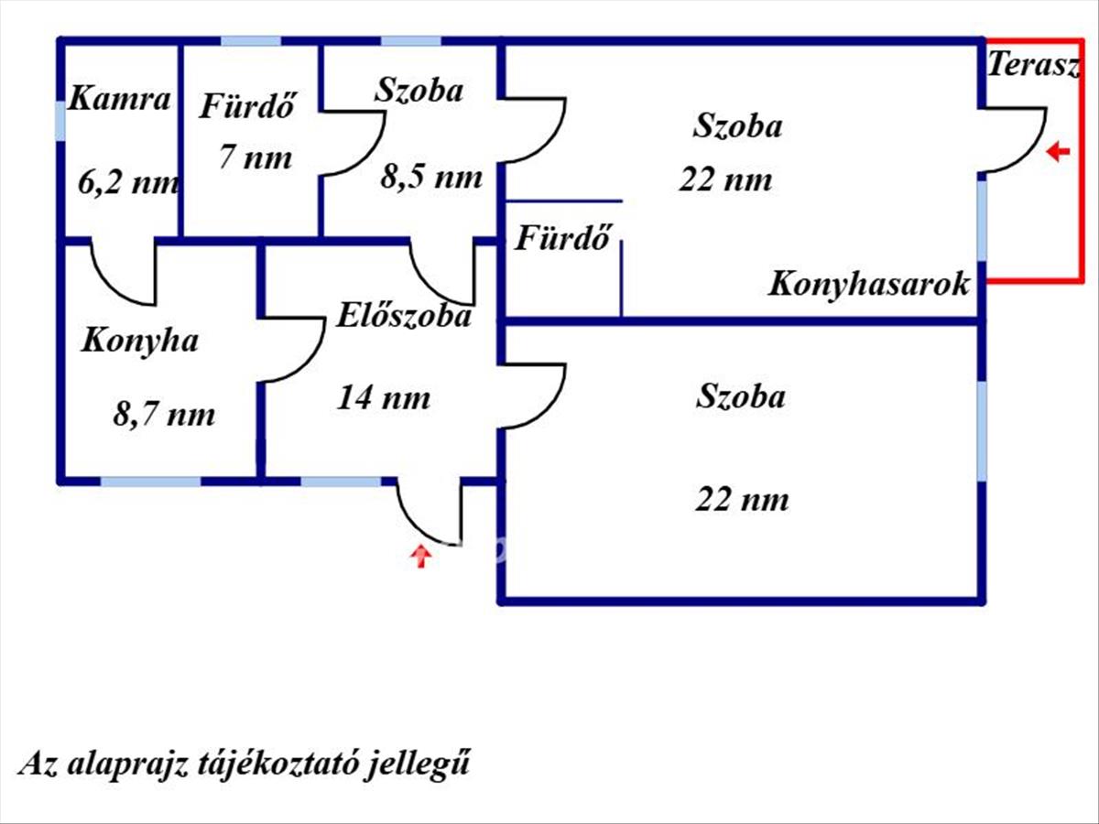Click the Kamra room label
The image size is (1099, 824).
click(120, 99)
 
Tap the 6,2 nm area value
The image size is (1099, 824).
click(129, 182)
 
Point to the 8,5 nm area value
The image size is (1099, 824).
click(430, 176)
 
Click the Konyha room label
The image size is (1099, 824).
click(139, 341)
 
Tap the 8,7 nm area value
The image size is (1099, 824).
click(164, 415)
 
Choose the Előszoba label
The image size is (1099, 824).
click(404, 316)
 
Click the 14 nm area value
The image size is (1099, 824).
click(384, 398)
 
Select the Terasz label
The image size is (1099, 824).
click(1034, 65)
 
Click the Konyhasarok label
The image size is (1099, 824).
click(868, 284)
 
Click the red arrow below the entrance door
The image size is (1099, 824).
click(420, 556)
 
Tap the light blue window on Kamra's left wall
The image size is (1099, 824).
click(60, 121)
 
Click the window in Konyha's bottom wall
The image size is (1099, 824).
click(150, 481)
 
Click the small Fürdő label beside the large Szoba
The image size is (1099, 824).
click(562, 239)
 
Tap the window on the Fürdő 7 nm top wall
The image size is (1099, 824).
click(250, 40)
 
